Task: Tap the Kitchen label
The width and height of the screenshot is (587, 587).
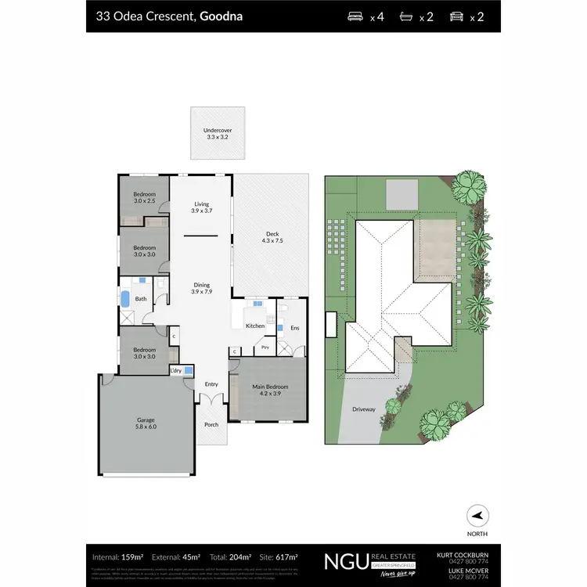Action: coord(255,326)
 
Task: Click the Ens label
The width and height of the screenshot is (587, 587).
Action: coord(294,328)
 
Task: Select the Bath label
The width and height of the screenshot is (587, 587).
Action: coord(141,299)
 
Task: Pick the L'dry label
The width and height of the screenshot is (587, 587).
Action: coord(176,370)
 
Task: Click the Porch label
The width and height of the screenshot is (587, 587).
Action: coord(211,425)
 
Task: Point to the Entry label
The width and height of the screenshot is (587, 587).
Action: coord(211,384)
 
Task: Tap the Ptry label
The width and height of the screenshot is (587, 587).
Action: coord(265,347)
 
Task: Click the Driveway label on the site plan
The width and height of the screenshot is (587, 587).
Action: coord(364,409)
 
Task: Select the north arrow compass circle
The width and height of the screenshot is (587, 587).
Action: coord(477,517)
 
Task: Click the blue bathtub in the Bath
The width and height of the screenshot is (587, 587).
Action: coord(124,299)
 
